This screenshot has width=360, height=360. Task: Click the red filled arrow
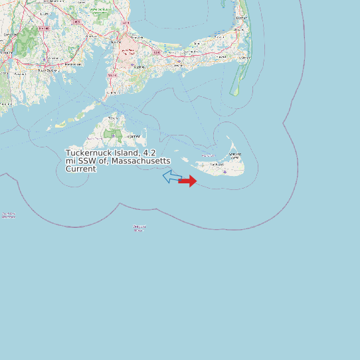pos(188,181)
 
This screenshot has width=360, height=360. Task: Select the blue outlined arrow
pos(172,176)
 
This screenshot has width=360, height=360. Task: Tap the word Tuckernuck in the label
pos(89,153)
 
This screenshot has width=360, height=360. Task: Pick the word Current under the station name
pos(80,169)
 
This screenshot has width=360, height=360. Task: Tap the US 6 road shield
pos(157,52)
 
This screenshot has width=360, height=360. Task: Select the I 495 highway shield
pos(76,22)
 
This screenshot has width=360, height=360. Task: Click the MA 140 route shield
pos(44,29)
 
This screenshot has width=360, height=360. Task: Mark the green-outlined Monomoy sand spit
pos(234,86)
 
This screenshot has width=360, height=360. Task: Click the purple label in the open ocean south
pos(139,228)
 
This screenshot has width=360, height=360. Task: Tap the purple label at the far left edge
pos(8,215)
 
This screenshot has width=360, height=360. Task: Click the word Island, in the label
pos(126,153)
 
